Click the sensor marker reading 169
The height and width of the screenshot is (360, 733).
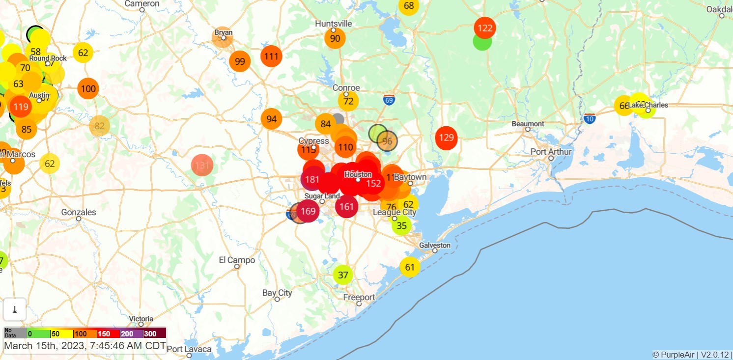(x=308, y=212)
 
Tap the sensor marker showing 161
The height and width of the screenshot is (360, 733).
(x=347, y=206)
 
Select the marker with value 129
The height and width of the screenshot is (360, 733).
(x=446, y=138)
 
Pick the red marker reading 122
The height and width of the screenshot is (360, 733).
(x=485, y=28)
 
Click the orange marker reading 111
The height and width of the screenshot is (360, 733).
(x=271, y=56)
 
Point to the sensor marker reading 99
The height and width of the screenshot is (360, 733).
(x=240, y=61)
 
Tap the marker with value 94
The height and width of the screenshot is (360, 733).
(x=272, y=119)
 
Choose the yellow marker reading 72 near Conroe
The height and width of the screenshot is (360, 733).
(x=348, y=101)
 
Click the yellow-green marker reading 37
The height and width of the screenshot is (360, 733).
(x=343, y=275)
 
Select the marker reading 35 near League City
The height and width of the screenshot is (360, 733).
(x=402, y=225)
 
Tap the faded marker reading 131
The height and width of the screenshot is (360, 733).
(x=202, y=165)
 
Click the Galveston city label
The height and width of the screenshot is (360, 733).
(x=435, y=245)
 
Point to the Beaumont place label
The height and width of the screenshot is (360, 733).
(x=528, y=124)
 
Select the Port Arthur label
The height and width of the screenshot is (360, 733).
(x=551, y=152)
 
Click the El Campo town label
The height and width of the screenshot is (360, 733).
(x=237, y=260)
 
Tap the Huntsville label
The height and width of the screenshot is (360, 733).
(x=334, y=24)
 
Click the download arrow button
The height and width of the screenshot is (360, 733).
(x=15, y=309)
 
